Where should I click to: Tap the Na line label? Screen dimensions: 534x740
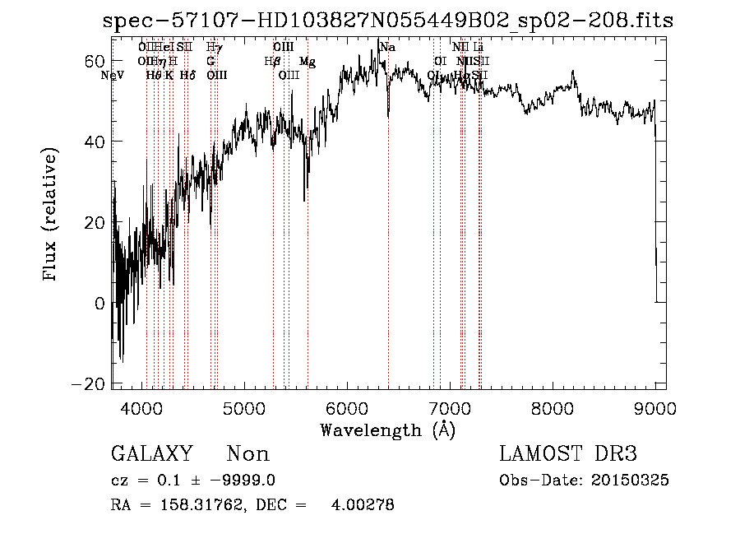click(387, 48)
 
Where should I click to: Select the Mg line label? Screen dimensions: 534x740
click(307, 62)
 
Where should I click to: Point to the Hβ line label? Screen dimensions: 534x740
click(272, 62)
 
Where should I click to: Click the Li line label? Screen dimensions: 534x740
click(479, 48)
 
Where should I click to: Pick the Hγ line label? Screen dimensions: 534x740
click(214, 48)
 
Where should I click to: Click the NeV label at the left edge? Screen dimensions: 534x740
click(112, 76)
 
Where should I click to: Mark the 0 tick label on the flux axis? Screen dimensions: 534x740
click(100, 304)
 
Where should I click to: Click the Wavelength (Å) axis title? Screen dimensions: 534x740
click(387, 430)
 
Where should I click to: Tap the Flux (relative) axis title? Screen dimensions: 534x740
click(51, 216)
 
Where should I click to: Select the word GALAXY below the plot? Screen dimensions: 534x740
click(151, 454)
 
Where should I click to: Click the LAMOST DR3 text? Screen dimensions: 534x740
click(568, 454)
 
